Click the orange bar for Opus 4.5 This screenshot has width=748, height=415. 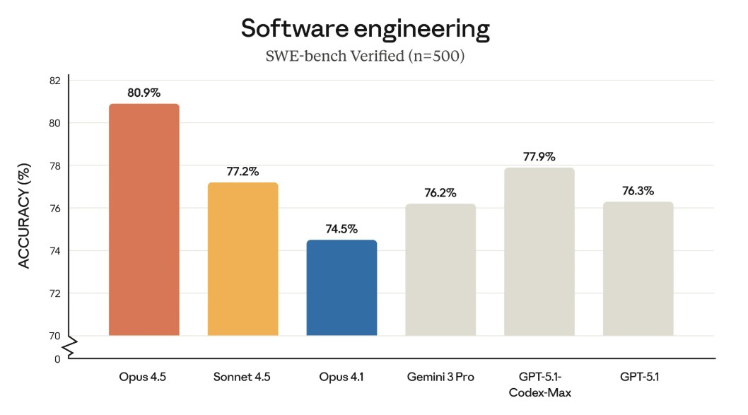[x=144, y=219]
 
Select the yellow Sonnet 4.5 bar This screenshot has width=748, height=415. [x=242, y=259]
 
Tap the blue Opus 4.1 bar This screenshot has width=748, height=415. [x=341, y=288]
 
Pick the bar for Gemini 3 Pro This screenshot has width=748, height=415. [x=440, y=269]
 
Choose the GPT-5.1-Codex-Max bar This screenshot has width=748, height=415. [x=539, y=252]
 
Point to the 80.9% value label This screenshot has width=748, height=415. [x=144, y=93]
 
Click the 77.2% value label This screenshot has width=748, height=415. [x=242, y=171]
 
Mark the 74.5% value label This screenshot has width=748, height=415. [x=341, y=229]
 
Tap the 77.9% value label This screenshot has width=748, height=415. [x=539, y=156]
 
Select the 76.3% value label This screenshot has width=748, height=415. [x=638, y=191]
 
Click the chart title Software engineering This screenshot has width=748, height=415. [x=366, y=28]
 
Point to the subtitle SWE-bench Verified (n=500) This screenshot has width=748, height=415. [x=365, y=56]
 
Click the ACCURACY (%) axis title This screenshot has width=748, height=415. [x=24, y=216]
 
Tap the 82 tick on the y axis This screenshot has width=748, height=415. [x=55, y=81]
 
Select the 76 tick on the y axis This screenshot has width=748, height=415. [x=55, y=209]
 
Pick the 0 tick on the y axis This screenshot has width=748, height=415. [x=57, y=359]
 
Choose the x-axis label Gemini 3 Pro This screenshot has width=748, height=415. [x=440, y=377]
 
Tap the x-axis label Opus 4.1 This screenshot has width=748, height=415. [x=341, y=377]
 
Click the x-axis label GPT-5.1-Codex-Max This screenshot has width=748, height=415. [x=539, y=385]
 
